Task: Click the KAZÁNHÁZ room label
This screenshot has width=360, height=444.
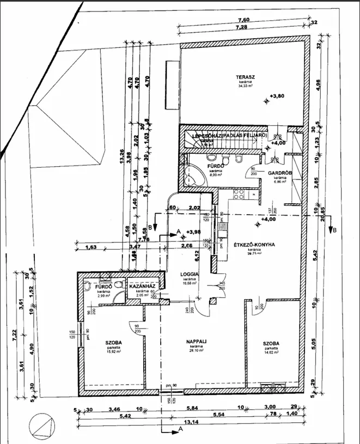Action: click(143, 286)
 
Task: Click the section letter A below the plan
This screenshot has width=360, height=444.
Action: click(180, 430)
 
